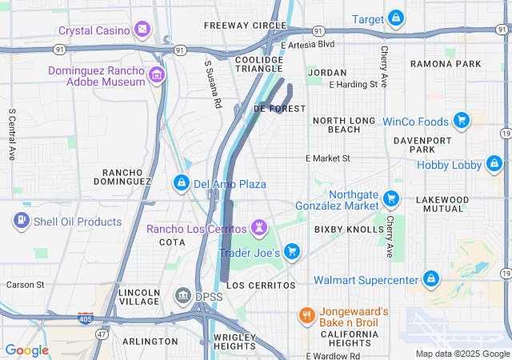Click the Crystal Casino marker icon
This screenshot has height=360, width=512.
tap(142, 30)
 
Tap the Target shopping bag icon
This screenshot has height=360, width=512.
tap(395, 18)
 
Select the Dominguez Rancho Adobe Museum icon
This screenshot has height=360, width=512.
tap(157, 76)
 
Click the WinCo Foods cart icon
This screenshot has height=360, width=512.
tap(461, 122)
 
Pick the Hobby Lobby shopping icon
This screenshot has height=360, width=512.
tap(494, 166)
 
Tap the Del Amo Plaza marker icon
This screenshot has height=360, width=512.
tap(182, 184)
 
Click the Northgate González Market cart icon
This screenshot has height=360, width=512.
tap(390, 198)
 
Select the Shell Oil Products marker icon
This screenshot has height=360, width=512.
tap(21, 221)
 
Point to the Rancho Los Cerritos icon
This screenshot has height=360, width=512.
tap(259, 229)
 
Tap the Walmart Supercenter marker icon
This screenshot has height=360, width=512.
tap(431, 280)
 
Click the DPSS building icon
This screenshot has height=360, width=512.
tap(182, 297)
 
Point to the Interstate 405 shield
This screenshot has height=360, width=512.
tap(86, 318)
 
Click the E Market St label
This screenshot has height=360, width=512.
tap(328, 158)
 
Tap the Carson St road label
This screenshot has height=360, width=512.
tap(25, 284)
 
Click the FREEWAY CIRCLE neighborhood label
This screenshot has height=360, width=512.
tap(239, 26)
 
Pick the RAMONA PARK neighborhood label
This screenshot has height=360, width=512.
tap(446, 64)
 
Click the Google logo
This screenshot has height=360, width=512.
tap(27, 350)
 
